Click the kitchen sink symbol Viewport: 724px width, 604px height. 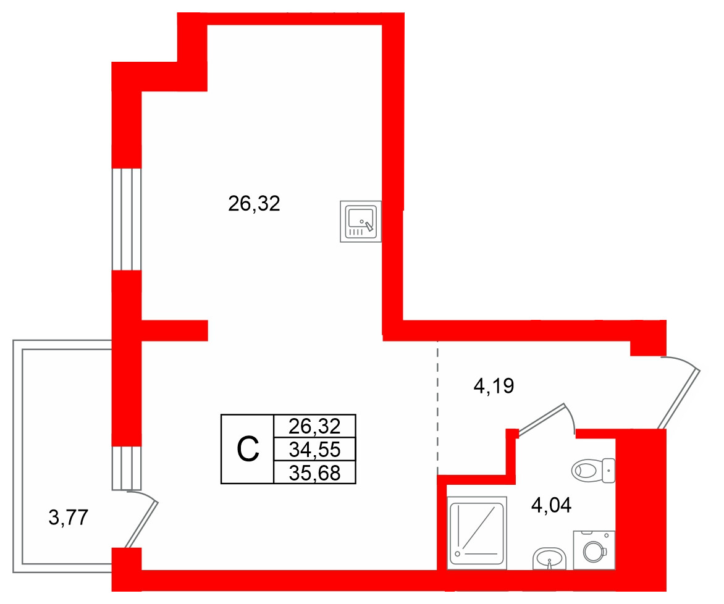coord(361,221)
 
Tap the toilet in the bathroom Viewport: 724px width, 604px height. coord(593,471)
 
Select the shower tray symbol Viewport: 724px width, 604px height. coord(477,532)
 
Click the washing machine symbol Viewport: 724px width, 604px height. coord(594,550)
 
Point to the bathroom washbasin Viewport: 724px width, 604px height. coord(549,558)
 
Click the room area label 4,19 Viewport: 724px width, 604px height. coord(494,385)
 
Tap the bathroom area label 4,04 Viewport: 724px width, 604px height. coord(551,505)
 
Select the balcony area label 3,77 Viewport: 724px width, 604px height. coord(69,517)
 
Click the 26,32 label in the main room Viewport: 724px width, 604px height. coord(254,203)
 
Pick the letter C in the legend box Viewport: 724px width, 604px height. coord(248,450)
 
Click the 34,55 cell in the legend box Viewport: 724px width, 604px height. coord(315,449)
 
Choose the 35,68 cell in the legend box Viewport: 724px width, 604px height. coord(315,472)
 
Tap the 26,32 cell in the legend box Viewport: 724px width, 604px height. coord(315,426)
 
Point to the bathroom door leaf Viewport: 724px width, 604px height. coord(541,420)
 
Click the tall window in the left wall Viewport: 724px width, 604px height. coord(127,219)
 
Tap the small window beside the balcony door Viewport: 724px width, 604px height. coord(127,468)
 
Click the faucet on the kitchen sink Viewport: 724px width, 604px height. coord(368,225)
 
